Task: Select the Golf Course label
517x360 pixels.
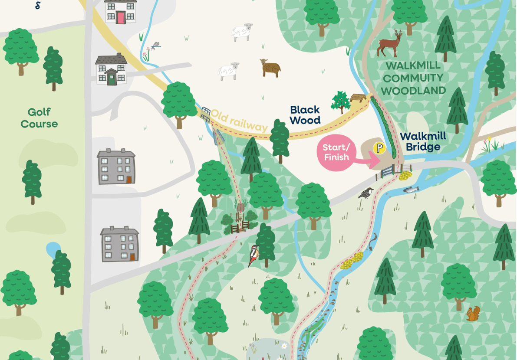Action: coord(39,118)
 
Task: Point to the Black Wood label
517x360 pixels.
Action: coord(305,115)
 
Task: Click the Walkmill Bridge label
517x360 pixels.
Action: coord(423,142)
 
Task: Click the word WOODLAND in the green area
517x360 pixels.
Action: coord(413,91)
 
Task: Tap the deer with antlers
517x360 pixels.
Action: coord(389,43)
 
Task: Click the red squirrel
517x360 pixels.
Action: coord(473,314)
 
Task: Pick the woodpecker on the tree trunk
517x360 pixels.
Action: coord(253,255)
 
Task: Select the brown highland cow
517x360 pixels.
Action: coord(270,68)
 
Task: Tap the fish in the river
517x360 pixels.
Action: coord(411,190)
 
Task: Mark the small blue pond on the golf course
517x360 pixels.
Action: coord(53,249)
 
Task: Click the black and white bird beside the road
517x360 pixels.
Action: coord(366,193)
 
